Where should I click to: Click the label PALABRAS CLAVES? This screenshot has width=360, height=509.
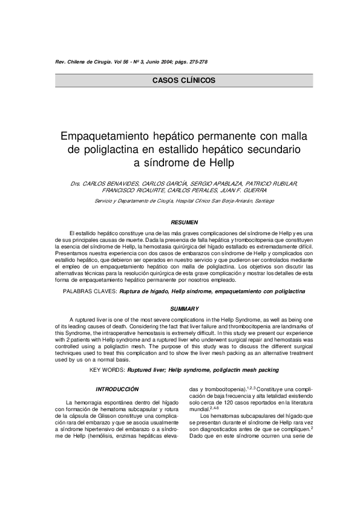(90, 291)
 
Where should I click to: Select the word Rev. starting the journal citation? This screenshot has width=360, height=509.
(60, 62)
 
